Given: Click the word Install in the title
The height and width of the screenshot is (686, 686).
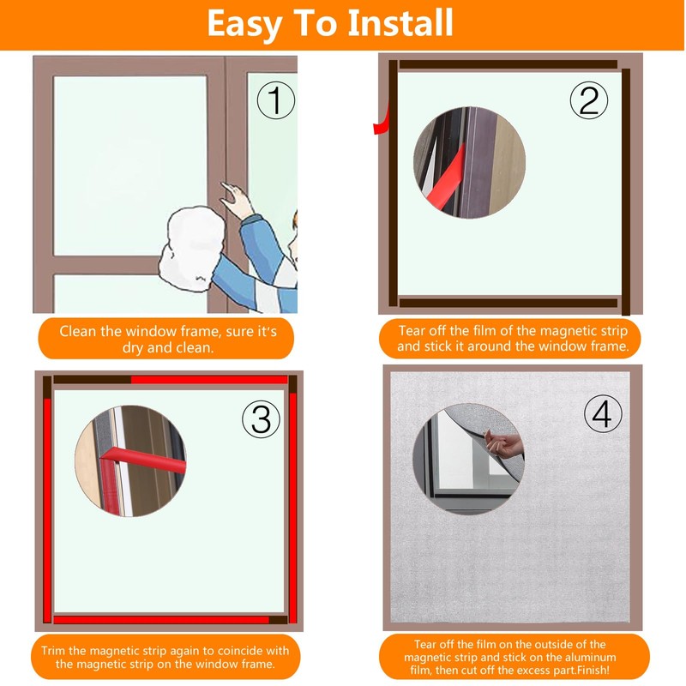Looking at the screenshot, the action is click(400, 23).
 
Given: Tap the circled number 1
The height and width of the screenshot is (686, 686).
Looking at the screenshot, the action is click(275, 100).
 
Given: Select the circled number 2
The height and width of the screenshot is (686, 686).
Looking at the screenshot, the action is click(589, 100).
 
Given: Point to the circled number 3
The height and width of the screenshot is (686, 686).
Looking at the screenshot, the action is click(262, 419).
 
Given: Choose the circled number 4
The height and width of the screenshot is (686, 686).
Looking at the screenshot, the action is click(603, 413).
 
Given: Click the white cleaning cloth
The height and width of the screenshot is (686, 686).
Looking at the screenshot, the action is click(190, 250).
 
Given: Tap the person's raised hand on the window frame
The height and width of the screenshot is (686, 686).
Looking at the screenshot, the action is click(237, 200).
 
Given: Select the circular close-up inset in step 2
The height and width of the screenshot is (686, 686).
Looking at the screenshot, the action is click(469, 163).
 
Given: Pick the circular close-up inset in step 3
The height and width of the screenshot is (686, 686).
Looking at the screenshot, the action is click(130, 461).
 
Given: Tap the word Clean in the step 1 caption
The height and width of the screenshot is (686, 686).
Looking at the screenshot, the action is click(78, 331).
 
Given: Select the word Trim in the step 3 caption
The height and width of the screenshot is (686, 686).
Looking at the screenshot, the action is click(53, 651).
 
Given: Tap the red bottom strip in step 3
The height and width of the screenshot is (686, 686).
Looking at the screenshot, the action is click(161, 619).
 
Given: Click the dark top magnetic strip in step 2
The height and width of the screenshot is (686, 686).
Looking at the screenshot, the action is click(508, 64).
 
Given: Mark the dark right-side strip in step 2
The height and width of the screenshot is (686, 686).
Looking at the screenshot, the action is click(626, 191).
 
